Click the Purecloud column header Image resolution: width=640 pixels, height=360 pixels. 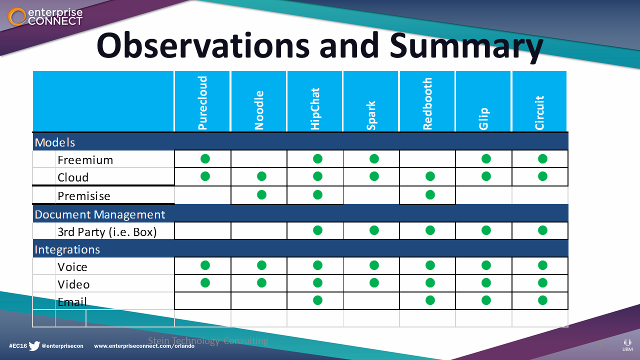pyautogui.click(x=202, y=103)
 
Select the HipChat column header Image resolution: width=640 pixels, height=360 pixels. pyautogui.click(x=315, y=109)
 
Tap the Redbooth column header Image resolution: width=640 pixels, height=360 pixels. pyautogui.click(x=427, y=104)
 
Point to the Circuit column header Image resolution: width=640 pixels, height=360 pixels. pyautogui.click(x=539, y=112)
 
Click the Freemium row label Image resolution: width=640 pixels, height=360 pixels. pyautogui.click(x=85, y=160)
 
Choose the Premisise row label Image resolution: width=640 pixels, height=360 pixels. pyautogui.click(x=84, y=196)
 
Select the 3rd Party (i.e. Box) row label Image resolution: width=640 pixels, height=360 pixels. pyautogui.click(x=107, y=232)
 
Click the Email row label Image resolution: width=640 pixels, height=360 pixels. pyautogui.click(x=72, y=301)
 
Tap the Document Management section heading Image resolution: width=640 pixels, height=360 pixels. pyautogui.click(x=100, y=214)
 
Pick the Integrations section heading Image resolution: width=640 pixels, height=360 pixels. pyautogui.click(x=67, y=249)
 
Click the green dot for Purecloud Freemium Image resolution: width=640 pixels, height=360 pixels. pyautogui.click(x=205, y=159)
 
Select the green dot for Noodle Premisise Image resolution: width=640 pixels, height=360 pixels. pyautogui.click(x=261, y=195)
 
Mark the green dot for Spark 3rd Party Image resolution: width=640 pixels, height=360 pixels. pyautogui.click(x=374, y=230)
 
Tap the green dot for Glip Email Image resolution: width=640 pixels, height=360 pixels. pyautogui.click(x=486, y=300)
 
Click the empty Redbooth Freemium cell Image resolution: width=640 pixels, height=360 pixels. pyautogui.click(x=427, y=159)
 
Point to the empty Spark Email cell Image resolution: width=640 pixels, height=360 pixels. pyautogui.click(x=371, y=301)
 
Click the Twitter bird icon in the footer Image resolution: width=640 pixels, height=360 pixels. pyautogui.click(x=34, y=345)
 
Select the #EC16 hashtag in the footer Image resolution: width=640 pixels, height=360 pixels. pyautogui.click(x=18, y=346)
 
